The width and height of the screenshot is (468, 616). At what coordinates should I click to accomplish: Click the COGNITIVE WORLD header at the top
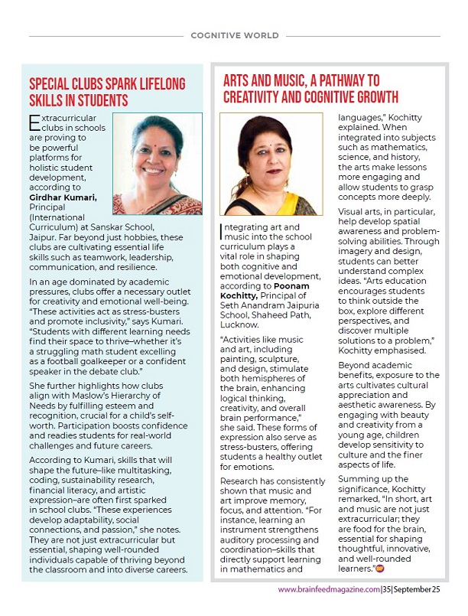234,35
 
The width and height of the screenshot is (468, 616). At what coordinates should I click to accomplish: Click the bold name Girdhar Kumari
63,197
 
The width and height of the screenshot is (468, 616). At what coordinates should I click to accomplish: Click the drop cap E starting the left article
34,122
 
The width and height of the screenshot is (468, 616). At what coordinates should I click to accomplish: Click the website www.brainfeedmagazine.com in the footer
329,589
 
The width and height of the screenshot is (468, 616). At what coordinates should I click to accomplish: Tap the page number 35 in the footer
388,589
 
